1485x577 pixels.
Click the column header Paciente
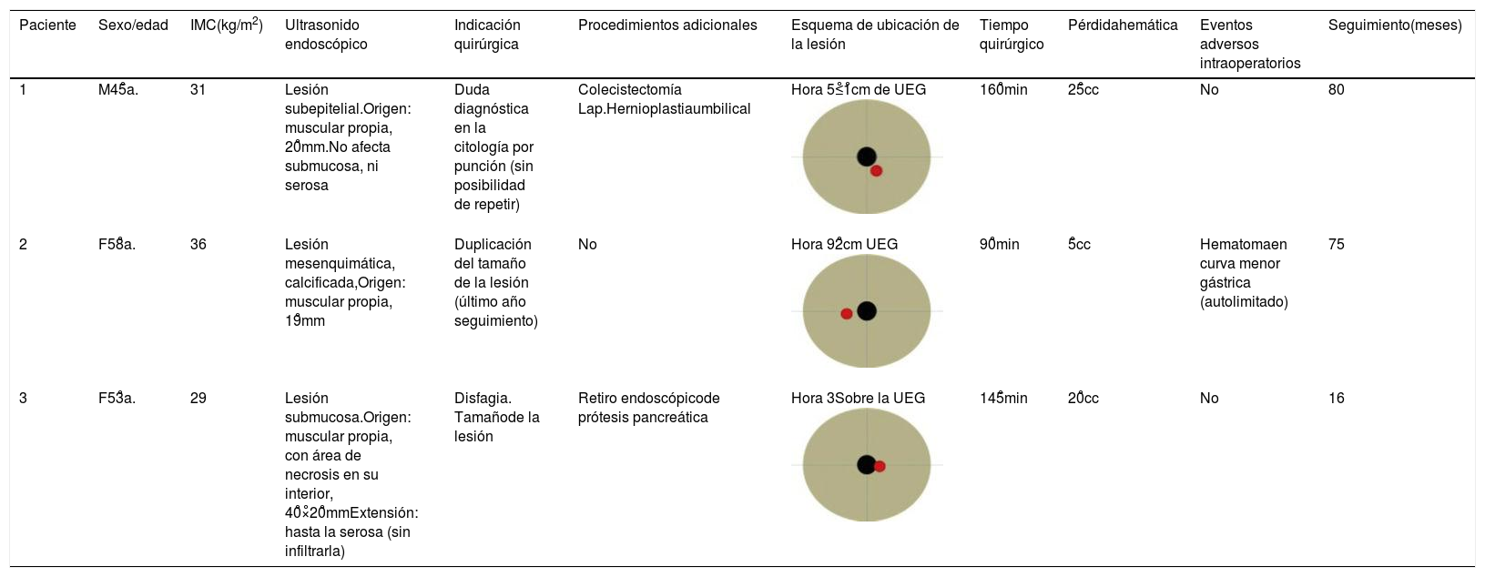coord(47,25)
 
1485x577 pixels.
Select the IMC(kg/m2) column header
coord(226,25)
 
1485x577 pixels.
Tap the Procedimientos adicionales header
coord(667,25)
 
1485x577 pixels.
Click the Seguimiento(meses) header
coord(1394,25)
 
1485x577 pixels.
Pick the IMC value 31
coord(198,89)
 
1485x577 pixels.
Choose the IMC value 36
coord(198,244)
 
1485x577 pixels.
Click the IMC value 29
coord(198,398)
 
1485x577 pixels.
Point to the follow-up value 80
coord(1336,89)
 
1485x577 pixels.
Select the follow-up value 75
coord(1336,244)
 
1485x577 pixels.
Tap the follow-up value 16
coord(1336,398)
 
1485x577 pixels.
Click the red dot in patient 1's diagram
coord(876,170)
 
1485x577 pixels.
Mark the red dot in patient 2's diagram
coord(847,313)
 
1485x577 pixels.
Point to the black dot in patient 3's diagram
coord(866,465)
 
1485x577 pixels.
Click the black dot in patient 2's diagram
coord(867,311)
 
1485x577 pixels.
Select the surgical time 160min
coord(1003,89)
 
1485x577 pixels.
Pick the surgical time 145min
coord(1003,398)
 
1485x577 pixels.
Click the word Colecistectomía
coord(629,89)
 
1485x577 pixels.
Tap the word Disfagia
coord(483,398)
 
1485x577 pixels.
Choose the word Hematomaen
coord(1243,244)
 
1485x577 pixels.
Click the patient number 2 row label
coord(24,244)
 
